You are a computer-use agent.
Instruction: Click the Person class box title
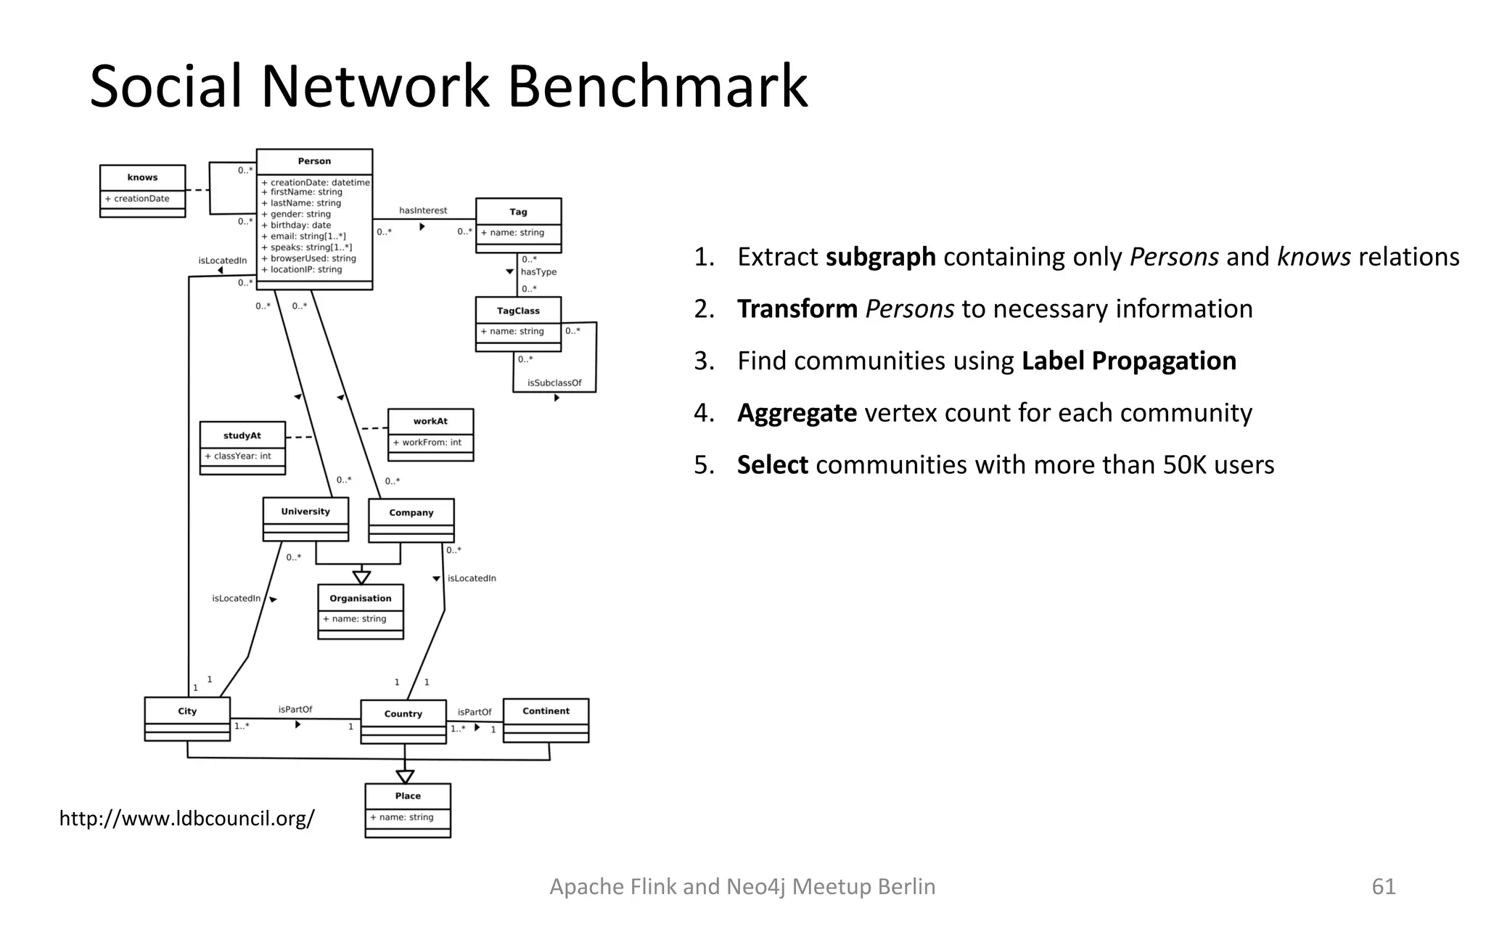(314, 161)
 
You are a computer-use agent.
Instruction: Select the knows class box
(142, 191)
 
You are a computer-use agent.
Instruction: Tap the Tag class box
(518, 225)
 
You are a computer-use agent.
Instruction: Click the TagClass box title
(518, 311)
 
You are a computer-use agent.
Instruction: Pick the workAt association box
(430, 434)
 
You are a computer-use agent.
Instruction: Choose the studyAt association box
(242, 448)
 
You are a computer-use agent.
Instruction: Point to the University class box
(305, 518)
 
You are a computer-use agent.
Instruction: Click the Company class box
(411, 520)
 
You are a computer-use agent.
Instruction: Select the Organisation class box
(361, 611)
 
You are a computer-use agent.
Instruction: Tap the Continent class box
(546, 719)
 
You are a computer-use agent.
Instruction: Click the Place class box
(408, 809)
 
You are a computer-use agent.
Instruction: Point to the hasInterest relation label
(423, 210)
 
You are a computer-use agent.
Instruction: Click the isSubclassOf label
(554, 382)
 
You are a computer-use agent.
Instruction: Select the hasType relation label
(538, 272)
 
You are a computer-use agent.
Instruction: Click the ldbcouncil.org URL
(186, 819)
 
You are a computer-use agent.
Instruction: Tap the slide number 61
(1383, 886)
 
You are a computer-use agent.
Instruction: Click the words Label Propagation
(1128, 361)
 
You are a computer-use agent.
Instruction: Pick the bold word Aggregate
(797, 413)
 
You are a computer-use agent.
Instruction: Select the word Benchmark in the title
(657, 86)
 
